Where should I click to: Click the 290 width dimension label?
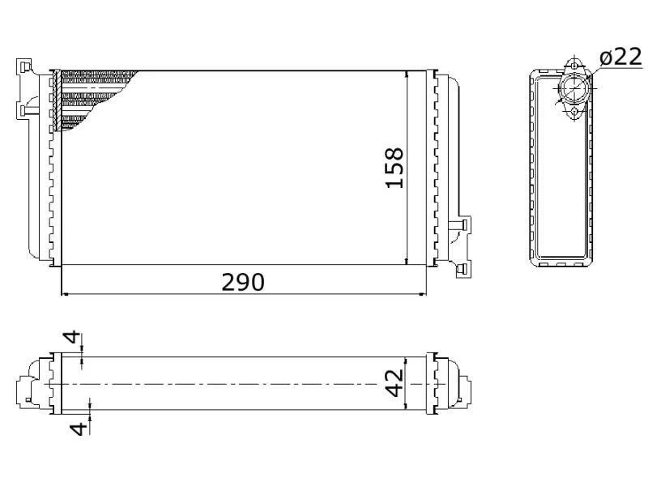point(242,283)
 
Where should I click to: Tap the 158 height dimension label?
point(394,168)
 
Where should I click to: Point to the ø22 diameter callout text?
point(620,57)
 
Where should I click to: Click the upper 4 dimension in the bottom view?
point(72,337)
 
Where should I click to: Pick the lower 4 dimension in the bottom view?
point(79,428)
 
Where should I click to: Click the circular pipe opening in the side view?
point(573,88)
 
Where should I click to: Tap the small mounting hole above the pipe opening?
point(574,66)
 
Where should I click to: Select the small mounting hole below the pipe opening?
point(573,112)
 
